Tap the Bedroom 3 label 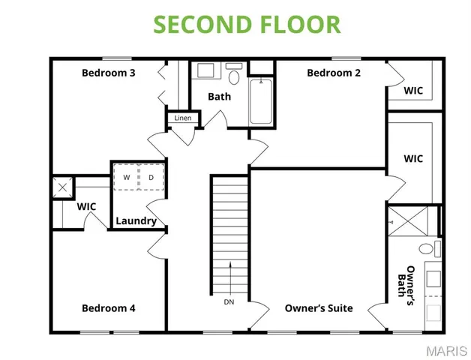108,73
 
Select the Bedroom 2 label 334,73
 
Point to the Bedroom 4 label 109,307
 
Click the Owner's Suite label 319,307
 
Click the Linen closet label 183,118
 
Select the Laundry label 136,220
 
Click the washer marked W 126,178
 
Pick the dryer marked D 151,178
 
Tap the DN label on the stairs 229,302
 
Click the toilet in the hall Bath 234,76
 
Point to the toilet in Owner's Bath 427,249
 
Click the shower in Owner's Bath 411,222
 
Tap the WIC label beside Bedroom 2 413,90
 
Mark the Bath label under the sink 219,96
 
